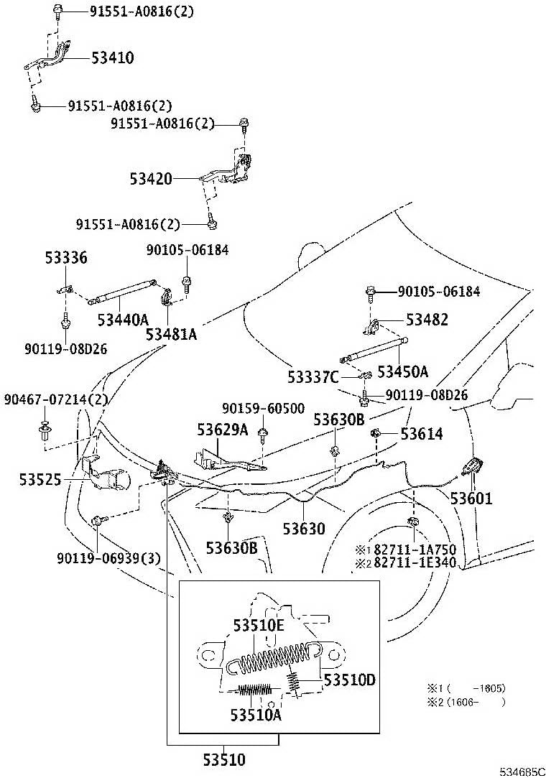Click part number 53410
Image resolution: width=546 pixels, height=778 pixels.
click(x=113, y=57)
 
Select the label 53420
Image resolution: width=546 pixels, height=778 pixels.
click(x=151, y=179)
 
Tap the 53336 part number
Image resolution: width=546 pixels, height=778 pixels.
click(x=66, y=257)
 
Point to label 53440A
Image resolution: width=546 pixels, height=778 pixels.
click(x=123, y=320)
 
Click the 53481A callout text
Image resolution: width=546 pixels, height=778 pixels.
click(x=171, y=335)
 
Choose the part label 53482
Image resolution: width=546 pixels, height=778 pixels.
click(x=427, y=320)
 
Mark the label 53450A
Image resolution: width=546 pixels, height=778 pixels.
click(x=402, y=371)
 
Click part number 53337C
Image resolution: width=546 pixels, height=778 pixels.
click(x=313, y=378)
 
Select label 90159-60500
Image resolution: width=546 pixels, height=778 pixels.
click(x=263, y=408)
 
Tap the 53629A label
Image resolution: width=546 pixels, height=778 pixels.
click(x=223, y=429)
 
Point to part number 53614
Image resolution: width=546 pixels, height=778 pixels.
click(x=422, y=434)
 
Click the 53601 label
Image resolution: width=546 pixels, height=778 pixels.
click(x=471, y=498)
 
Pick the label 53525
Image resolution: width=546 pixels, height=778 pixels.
click(x=40, y=480)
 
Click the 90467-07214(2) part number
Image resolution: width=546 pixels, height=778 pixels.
click(x=55, y=399)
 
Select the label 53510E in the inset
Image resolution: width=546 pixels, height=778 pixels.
click(x=259, y=626)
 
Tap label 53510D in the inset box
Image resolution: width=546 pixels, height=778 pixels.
click(x=349, y=680)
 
